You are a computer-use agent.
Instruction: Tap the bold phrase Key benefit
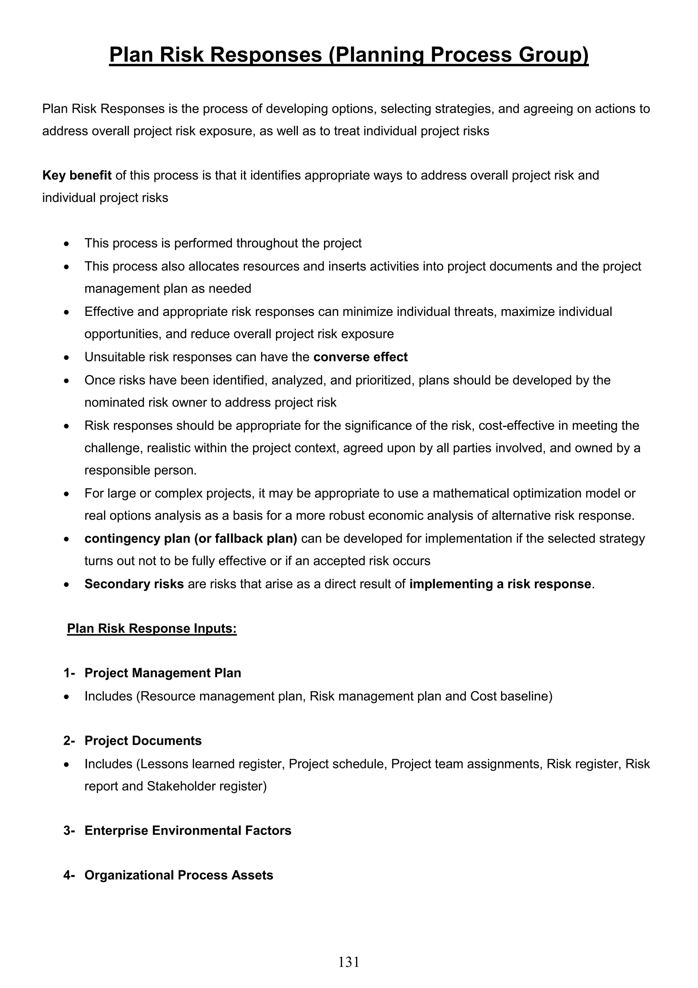pyautogui.click(x=77, y=176)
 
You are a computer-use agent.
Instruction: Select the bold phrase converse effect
pyautogui.click(x=360, y=357)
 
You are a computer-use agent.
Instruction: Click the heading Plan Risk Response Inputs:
pyautogui.click(x=152, y=629)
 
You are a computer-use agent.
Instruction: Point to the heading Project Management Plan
pyautogui.click(x=163, y=673)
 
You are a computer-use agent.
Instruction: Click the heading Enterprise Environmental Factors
pyautogui.click(x=187, y=830)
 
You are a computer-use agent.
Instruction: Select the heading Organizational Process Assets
pyautogui.click(x=179, y=875)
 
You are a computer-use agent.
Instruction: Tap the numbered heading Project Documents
pyautogui.click(x=143, y=740)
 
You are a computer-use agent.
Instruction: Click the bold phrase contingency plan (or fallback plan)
pyautogui.click(x=191, y=539)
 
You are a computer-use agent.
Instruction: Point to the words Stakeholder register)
pyautogui.click(x=207, y=786)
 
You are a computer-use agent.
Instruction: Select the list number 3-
pyautogui.click(x=69, y=830)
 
